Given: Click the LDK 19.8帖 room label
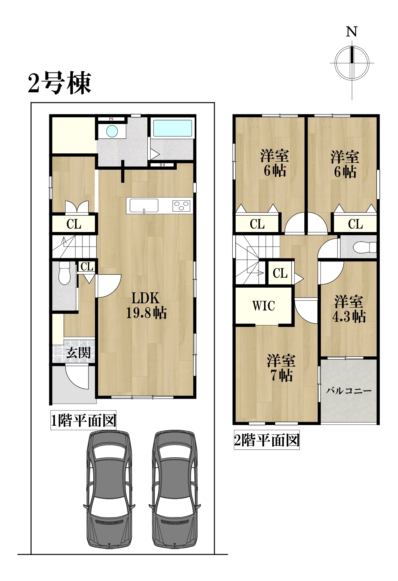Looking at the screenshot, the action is pos(146,306).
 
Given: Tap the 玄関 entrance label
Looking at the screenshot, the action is pos(78,352).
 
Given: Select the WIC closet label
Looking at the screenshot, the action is pos(264,306).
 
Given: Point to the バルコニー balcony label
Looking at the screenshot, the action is pos(349,391).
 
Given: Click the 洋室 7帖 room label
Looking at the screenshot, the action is pos(281,368).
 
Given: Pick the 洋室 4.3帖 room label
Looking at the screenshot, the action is pos(349,309).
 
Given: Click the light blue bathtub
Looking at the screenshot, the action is pos(172,128).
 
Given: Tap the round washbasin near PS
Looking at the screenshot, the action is pos(112,131).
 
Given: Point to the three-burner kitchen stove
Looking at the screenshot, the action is pos(182,205).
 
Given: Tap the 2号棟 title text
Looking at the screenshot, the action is pos(60,82).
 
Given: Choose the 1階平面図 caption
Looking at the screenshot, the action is pos(83,420).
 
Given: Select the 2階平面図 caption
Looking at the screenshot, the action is pos(267,440).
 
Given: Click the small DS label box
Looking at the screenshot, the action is pos(162,165).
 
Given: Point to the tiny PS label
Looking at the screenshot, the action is pos(111,119).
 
